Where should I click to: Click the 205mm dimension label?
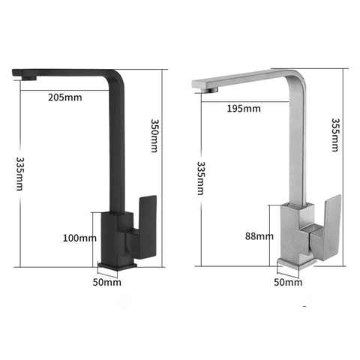coord(65,97)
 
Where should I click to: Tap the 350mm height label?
coord(154,136)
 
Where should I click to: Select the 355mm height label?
coord(335,135)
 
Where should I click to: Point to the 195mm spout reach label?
coord(244,109)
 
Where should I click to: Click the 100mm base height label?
coord(79,238)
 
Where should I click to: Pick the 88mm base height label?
coord(259,236)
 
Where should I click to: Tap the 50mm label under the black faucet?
coord(107,282)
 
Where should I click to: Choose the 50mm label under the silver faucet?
coord(288,282)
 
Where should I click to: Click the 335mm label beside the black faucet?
coord(19,174)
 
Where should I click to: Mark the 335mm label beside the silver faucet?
coord(201,178)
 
